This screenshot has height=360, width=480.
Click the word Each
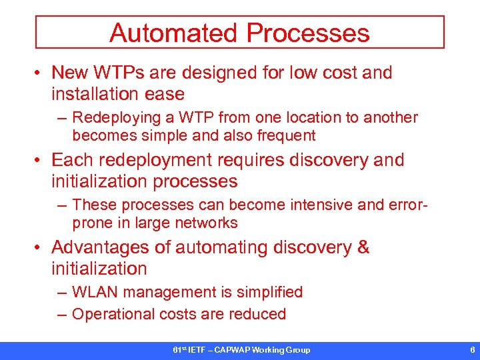pos(70,160)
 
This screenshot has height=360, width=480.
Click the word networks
pos(205,223)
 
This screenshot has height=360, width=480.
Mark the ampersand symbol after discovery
pos(363,247)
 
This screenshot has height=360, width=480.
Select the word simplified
pos(267,292)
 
